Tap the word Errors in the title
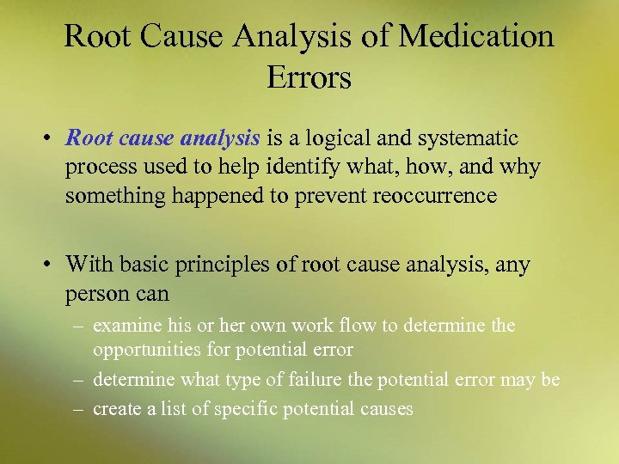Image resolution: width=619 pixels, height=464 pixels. click(x=309, y=77)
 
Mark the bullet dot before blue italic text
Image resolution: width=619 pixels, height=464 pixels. click(x=52, y=138)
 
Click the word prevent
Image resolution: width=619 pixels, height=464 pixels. click(x=328, y=196)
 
